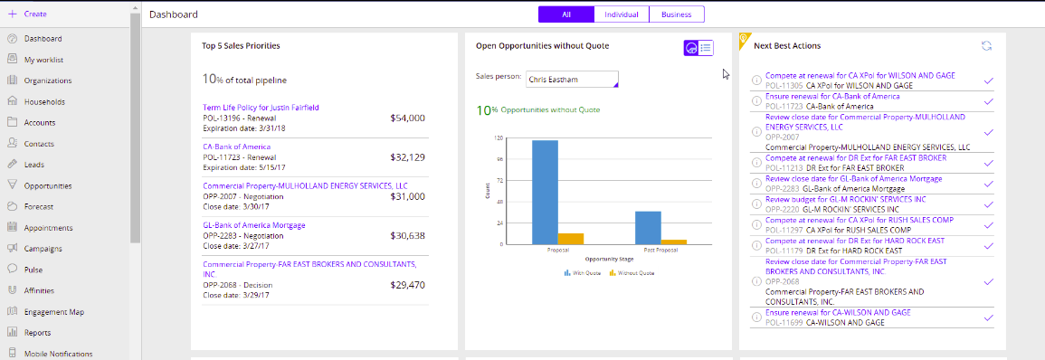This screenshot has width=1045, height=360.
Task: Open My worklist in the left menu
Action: pos(43,60)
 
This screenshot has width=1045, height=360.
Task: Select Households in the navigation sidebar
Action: pos(44,102)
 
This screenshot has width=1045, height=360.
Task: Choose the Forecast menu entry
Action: pos(40,206)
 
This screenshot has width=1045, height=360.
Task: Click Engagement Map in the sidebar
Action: pos(53,311)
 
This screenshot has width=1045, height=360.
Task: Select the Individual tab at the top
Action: pos(622,14)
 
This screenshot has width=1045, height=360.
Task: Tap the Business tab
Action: pos(676,14)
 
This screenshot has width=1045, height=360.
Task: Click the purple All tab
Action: pos(565,14)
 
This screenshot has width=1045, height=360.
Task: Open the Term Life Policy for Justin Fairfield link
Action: pos(261,108)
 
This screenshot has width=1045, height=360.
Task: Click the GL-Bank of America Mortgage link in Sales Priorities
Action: pos(253,225)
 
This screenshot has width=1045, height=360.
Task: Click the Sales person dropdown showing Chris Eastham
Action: pos(572,80)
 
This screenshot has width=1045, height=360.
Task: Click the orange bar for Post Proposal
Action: pos(674,242)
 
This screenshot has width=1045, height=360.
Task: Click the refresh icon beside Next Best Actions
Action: pos(986,45)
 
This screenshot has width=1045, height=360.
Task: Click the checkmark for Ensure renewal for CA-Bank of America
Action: pos(988,101)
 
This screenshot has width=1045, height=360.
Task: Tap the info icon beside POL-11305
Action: pos(756,81)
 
